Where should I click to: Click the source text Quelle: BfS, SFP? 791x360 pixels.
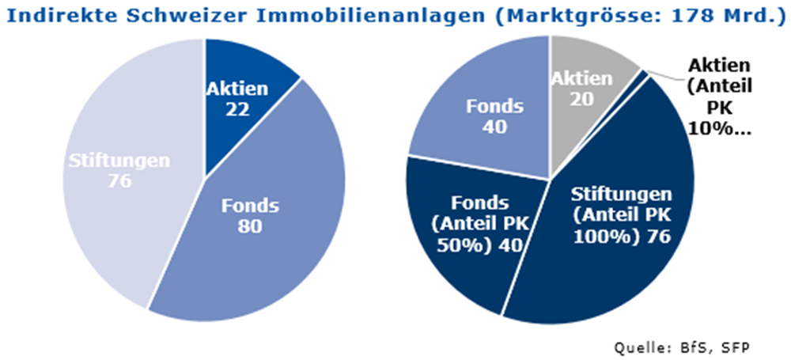(x=682, y=347)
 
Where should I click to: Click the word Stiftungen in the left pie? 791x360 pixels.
(x=117, y=161)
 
